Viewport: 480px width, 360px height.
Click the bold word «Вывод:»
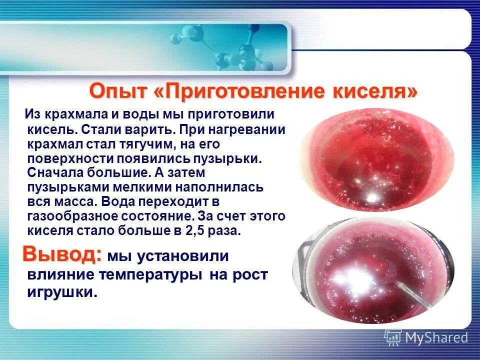click(x=62, y=254)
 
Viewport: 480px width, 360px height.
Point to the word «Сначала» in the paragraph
click(x=55, y=173)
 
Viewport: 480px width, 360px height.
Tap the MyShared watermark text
click(x=436, y=338)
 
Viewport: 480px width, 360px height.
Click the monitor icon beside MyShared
click(x=393, y=337)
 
